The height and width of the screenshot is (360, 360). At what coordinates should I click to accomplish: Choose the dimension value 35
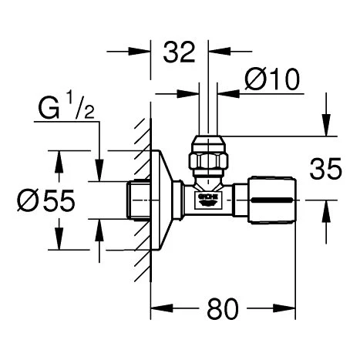(325, 169)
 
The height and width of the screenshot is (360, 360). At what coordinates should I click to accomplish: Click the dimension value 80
(223, 311)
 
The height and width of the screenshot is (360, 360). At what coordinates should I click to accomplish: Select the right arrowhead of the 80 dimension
(292, 312)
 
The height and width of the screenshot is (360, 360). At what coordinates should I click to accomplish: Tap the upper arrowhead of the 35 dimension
(326, 128)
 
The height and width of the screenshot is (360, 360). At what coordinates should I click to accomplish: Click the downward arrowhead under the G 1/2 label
(98, 173)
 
